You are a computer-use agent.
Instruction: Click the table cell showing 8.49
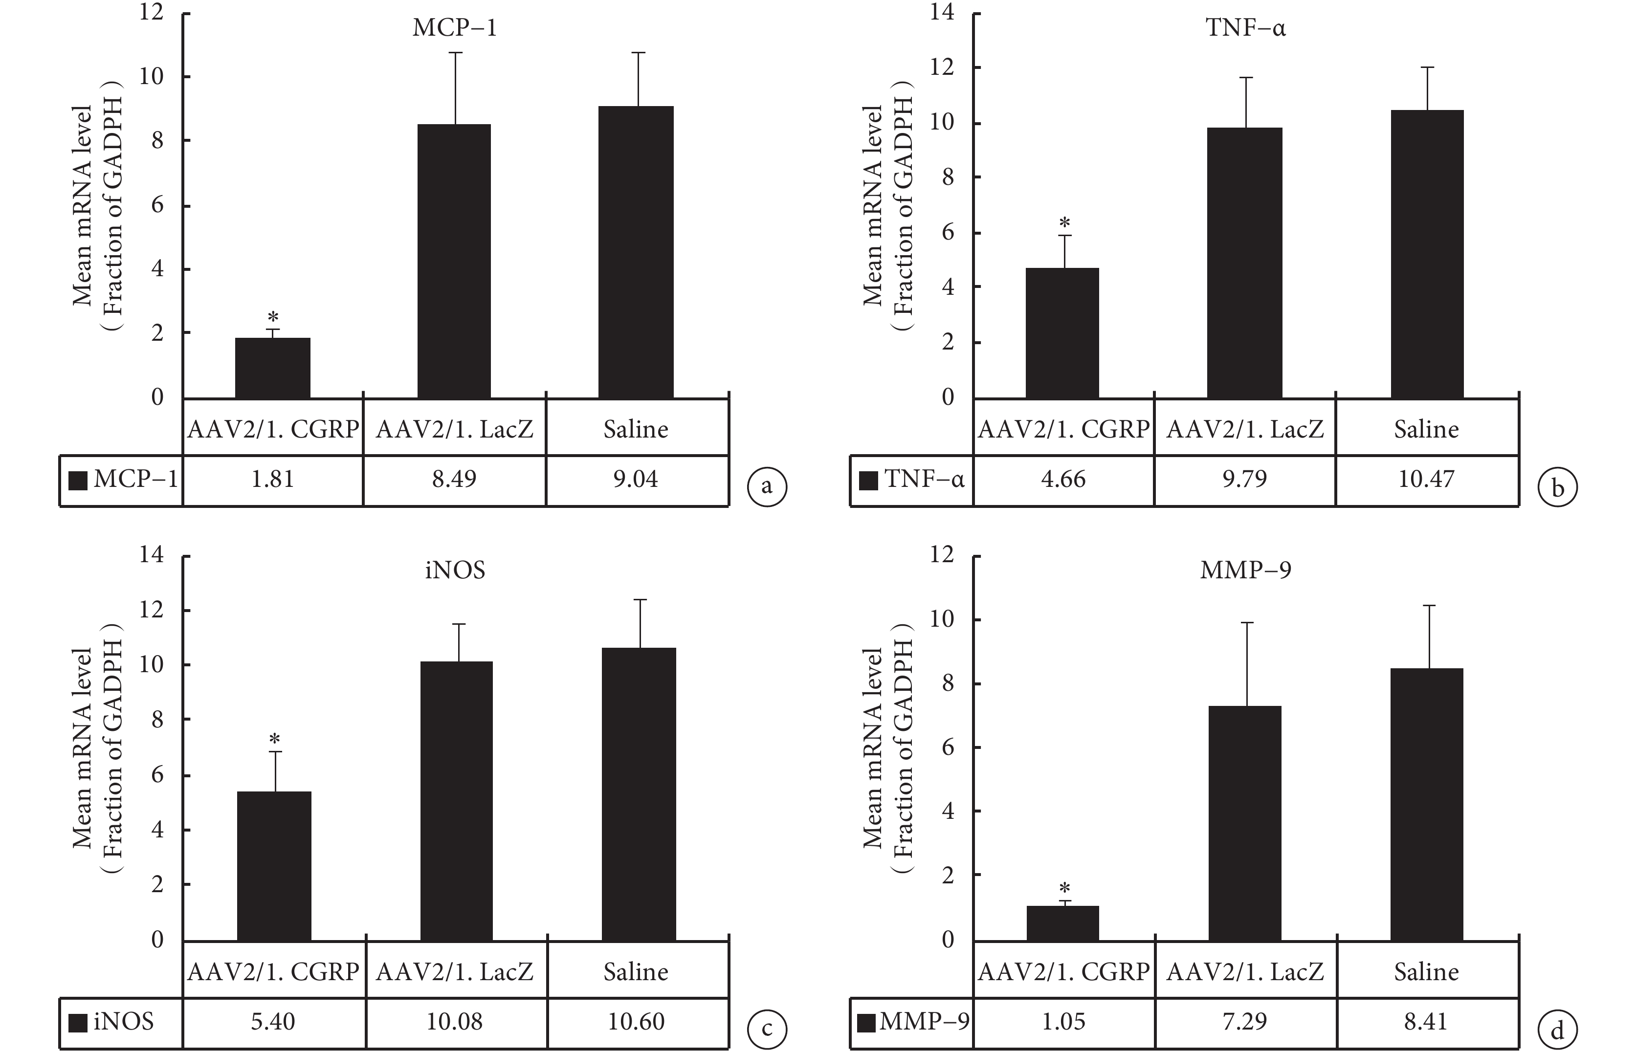pos(454,479)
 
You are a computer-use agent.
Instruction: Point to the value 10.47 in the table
pos(1426,479)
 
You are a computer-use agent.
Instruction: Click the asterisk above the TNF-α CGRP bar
pos(1064,223)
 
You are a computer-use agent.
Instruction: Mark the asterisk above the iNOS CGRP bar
pos(274,740)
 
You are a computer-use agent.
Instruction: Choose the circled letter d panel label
pos(1557,1030)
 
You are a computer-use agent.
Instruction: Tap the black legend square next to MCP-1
pos(78,481)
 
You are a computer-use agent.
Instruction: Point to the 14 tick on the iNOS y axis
pos(152,554)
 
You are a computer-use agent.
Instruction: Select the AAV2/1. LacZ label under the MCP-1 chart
pos(454,429)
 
